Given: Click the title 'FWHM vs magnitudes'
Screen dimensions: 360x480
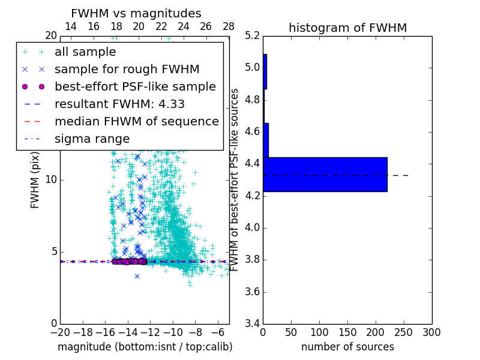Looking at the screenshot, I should [136, 13].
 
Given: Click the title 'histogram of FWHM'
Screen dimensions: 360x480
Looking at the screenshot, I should [347, 28].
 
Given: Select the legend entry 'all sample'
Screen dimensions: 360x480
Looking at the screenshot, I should [85, 52].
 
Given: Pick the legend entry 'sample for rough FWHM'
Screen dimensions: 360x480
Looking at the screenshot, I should [127, 70].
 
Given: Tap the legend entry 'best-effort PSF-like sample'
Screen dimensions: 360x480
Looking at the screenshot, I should [135, 86].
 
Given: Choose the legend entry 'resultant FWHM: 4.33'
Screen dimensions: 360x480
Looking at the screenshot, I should [119, 104].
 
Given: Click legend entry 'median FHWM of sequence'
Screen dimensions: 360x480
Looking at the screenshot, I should [136, 121].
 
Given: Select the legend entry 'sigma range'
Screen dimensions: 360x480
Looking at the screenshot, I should [92, 139].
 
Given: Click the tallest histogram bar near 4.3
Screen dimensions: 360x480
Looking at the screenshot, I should [325, 175].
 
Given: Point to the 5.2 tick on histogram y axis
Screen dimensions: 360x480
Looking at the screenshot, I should [253, 35].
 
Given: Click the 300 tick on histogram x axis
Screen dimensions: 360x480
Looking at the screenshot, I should [431, 332].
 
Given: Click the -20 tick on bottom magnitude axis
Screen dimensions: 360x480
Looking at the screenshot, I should [60, 332].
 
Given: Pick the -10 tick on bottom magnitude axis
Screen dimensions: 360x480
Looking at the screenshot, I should [173, 332].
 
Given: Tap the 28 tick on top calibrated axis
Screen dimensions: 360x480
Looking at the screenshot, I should [229, 26].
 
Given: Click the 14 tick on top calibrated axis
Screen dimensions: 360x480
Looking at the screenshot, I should [71, 26].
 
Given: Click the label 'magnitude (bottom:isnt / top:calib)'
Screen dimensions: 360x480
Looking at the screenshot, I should [145, 347].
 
